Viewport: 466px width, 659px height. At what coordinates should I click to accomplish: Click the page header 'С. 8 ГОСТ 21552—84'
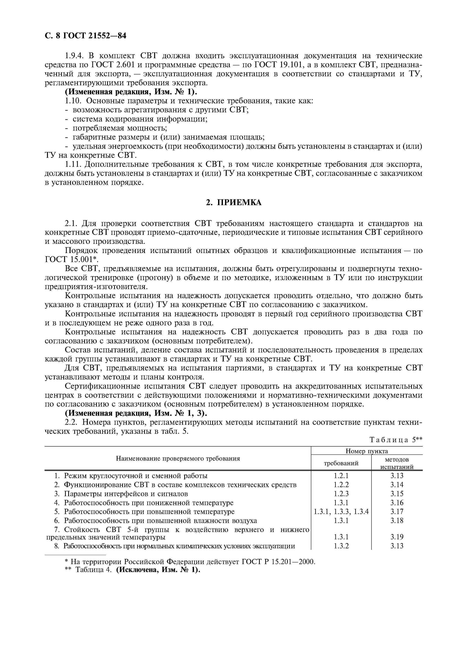[x=86, y=36]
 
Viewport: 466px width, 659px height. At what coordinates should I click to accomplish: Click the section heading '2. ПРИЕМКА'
[x=234, y=202]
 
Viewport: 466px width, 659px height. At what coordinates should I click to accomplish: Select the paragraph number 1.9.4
[x=74, y=55]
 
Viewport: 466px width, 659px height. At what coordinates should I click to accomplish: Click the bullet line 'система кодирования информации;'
[x=140, y=119]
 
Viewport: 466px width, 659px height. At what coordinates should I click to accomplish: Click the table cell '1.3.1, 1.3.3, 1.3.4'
[x=341, y=511]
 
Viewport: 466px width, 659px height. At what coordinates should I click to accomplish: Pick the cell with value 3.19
[x=397, y=537]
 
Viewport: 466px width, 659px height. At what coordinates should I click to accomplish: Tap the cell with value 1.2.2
[x=341, y=485]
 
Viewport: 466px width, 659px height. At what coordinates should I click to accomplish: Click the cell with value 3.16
[x=397, y=503]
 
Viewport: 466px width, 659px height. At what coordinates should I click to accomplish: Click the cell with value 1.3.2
[x=341, y=546]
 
